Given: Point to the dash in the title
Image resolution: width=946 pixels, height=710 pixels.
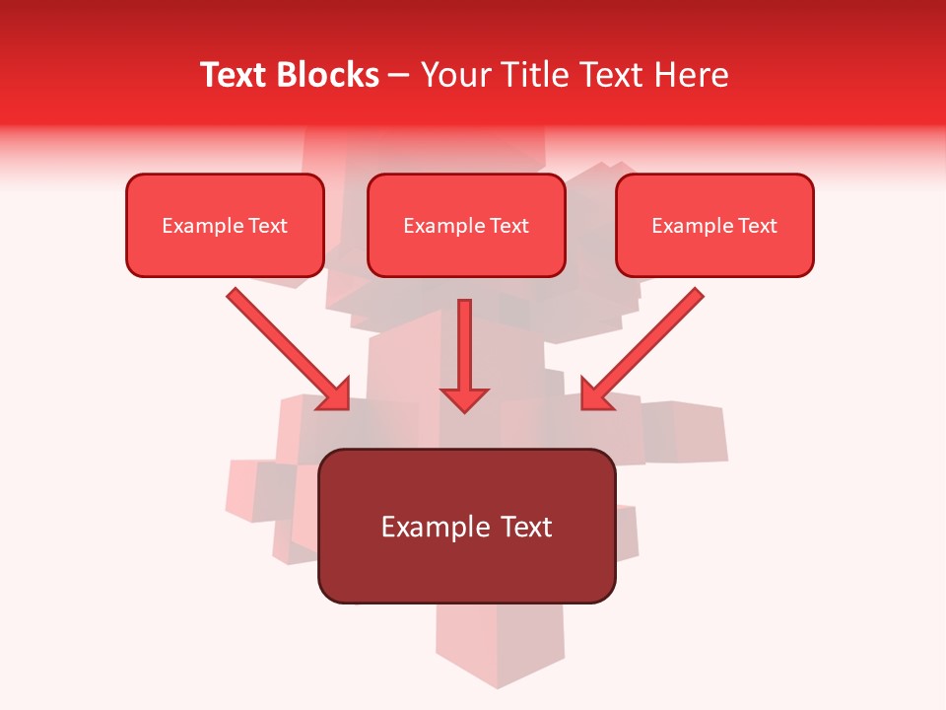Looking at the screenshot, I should [399, 76].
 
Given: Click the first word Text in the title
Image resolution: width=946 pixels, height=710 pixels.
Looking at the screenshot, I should [237, 75].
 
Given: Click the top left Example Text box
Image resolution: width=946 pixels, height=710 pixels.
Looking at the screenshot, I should [225, 225].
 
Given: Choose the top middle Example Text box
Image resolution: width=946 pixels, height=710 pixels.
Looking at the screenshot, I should [466, 225].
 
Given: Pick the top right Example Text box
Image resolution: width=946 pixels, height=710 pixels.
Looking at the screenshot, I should [714, 225].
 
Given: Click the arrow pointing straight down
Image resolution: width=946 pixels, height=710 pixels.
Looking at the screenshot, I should [464, 350].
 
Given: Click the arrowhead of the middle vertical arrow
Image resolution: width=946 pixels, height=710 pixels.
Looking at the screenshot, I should [464, 399].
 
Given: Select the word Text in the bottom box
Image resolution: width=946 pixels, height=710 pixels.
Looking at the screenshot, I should [525, 527].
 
